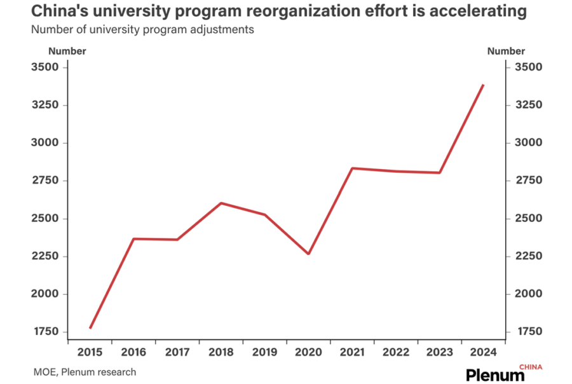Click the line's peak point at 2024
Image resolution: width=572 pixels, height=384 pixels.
pos(484,85)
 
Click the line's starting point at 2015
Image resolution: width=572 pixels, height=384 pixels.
pos(90,328)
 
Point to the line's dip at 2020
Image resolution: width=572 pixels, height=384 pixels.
pos(308,254)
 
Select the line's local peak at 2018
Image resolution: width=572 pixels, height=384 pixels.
pos(221,203)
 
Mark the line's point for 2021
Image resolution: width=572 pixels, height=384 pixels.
pos(352,168)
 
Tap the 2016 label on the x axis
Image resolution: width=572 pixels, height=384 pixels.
pos(133,351)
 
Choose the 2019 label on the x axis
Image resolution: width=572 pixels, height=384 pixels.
pos(264,351)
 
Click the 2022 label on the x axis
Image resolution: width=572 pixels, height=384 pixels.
pos(396,351)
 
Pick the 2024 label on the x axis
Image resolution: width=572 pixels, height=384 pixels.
pos(484,351)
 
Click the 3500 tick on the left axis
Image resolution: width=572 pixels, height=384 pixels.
pos(44,67)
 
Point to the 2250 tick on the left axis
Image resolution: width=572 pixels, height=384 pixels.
pos(44,256)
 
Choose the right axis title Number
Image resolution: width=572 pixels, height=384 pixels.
pos(506,51)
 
